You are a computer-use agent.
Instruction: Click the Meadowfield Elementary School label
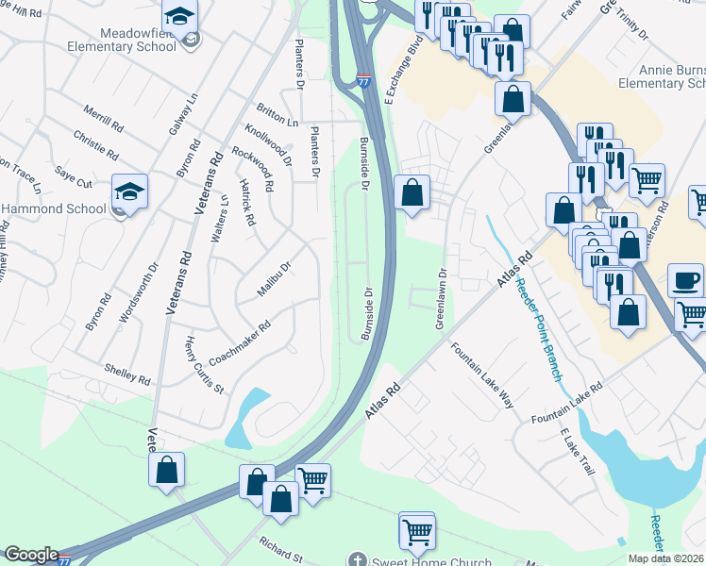(128, 38)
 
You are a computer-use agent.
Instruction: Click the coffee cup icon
(685, 281)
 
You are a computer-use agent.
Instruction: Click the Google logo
(32, 555)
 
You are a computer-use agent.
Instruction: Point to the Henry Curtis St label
(205, 364)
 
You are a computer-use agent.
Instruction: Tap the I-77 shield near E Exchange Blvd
(363, 82)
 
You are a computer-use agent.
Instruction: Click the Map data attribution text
(666, 558)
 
